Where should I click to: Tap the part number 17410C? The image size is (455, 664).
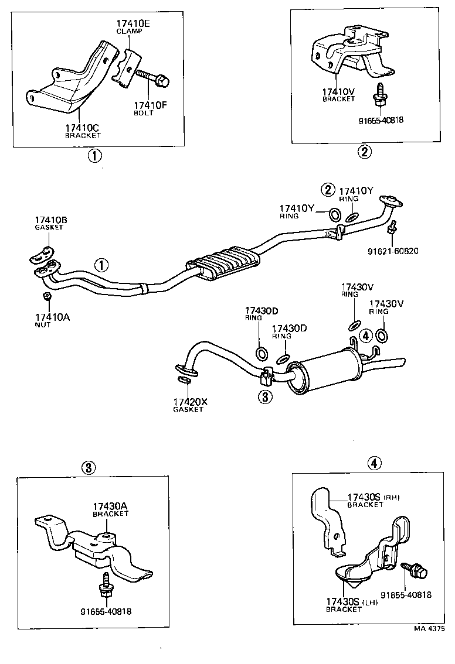pos(83,127)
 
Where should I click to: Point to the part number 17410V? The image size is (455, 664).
pos(339,91)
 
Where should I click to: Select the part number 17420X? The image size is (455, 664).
pos(189,402)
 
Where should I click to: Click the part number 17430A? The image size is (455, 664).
pos(110,506)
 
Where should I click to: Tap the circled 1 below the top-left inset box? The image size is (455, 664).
pos(94,156)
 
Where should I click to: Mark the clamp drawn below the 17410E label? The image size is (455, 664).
pos(127,69)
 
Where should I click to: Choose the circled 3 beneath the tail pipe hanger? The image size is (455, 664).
pos(265,397)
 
